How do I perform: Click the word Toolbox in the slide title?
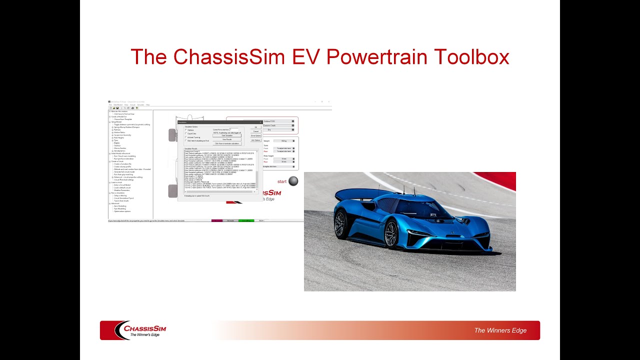pyautogui.click(x=471, y=57)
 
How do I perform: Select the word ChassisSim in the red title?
pyautogui.click(x=225, y=57)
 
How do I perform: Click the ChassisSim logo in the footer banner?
pyautogui.click(x=140, y=330)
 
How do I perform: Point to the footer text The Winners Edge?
pyautogui.click(x=500, y=330)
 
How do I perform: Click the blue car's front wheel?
pyautogui.click(x=390, y=234)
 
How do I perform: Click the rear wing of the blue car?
pyautogui.click(x=357, y=194)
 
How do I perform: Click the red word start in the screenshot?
pyautogui.click(x=282, y=181)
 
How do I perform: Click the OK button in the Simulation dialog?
pyautogui.click(x=255, y=127)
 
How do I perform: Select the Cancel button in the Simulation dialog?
pyautogui.click(x=255, y=131)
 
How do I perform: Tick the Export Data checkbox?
pyautogui.click(x=186, y=133)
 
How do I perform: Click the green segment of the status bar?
pyautogui.click(x=246, y=220)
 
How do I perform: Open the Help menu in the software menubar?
pyautogui.click(x=148, y=105)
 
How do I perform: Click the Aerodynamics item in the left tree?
pyautogui.click(x=120, y=151)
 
